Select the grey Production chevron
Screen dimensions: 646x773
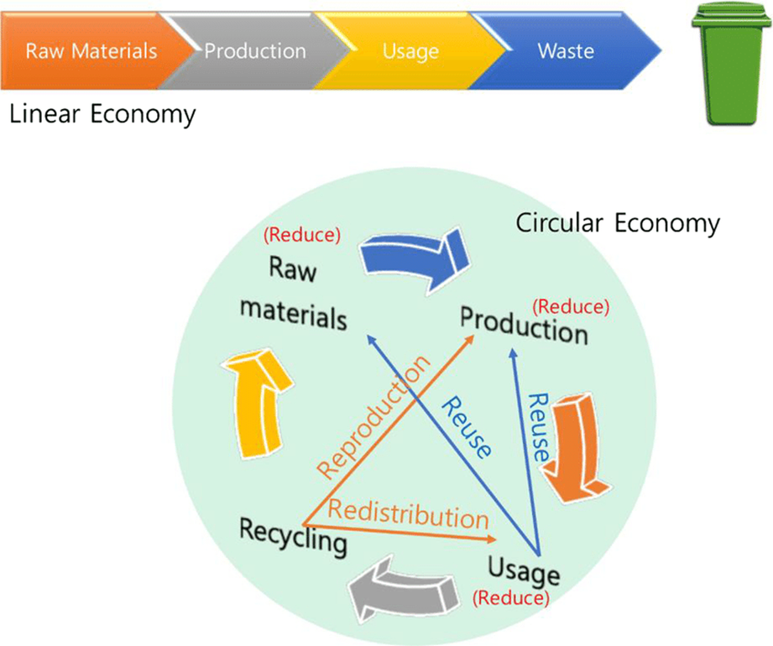[x=252, y=51]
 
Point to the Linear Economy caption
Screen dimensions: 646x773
[x=102, y=114]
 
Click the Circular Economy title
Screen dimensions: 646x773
[x=617, y=224]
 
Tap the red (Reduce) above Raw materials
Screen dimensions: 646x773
[x=301, y=235]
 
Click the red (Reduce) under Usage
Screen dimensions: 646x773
[x=511, y=598]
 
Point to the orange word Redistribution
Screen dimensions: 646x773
[x=408, y=512]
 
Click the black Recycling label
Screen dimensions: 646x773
[x=293, y=536]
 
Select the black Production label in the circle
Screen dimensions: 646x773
[x=524, y=325]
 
